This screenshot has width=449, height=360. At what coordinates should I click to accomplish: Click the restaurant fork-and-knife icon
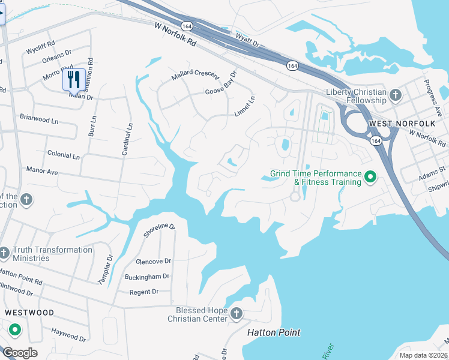73,79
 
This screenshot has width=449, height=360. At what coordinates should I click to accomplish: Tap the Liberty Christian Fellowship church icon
395,95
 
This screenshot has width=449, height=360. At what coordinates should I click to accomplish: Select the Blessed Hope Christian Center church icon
237,314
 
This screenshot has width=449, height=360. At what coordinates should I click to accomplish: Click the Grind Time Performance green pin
370,176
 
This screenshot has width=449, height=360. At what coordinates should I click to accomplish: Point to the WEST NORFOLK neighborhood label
394,124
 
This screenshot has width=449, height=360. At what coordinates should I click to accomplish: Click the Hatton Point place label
274,332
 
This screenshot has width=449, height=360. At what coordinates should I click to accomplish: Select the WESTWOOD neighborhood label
29,313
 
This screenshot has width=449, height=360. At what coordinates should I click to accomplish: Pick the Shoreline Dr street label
159,231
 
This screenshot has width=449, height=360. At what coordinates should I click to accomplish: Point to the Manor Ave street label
42,171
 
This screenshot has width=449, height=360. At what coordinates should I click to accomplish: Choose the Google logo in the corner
19,353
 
